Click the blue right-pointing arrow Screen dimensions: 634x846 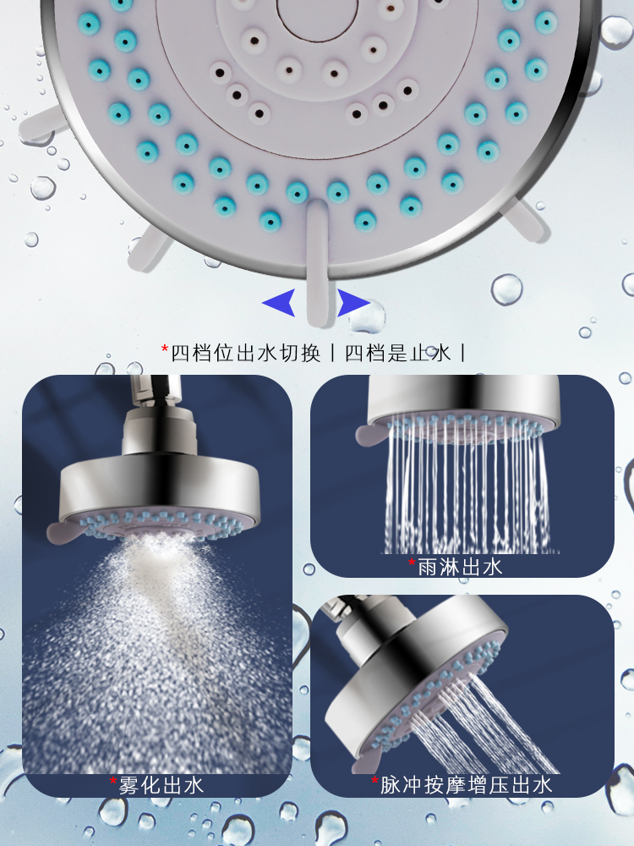point(352,303)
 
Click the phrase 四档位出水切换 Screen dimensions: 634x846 point(246,354)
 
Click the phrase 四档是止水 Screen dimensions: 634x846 point(397,354)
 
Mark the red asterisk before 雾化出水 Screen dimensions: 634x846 point(113,781)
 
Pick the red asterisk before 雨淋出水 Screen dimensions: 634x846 point(412,563)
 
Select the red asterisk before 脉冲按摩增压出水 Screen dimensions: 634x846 point(374,781)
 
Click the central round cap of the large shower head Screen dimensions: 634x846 point(309,17)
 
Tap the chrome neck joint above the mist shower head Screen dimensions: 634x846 point(160,431)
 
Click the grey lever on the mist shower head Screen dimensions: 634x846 point(63,534)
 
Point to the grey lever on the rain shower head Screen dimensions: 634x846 point(372,434)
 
